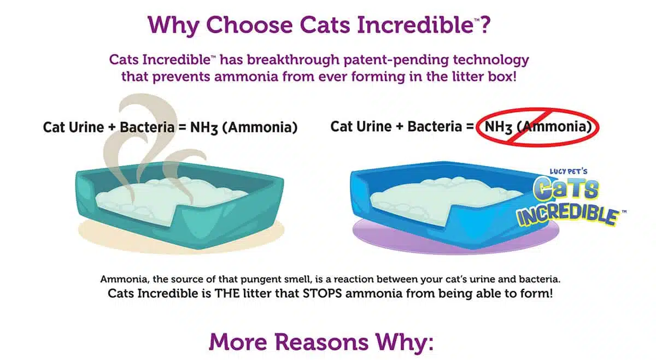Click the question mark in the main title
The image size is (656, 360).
point(485,25)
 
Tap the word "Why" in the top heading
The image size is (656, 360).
point(174,26)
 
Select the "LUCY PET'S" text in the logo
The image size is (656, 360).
point(569,172)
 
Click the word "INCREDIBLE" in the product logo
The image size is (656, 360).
point(567,216)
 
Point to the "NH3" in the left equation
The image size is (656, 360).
point(204,128)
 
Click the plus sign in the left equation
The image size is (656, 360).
point(112,128)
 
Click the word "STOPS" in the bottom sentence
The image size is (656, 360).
point(322,293)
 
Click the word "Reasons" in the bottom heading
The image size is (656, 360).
point(321,342)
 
